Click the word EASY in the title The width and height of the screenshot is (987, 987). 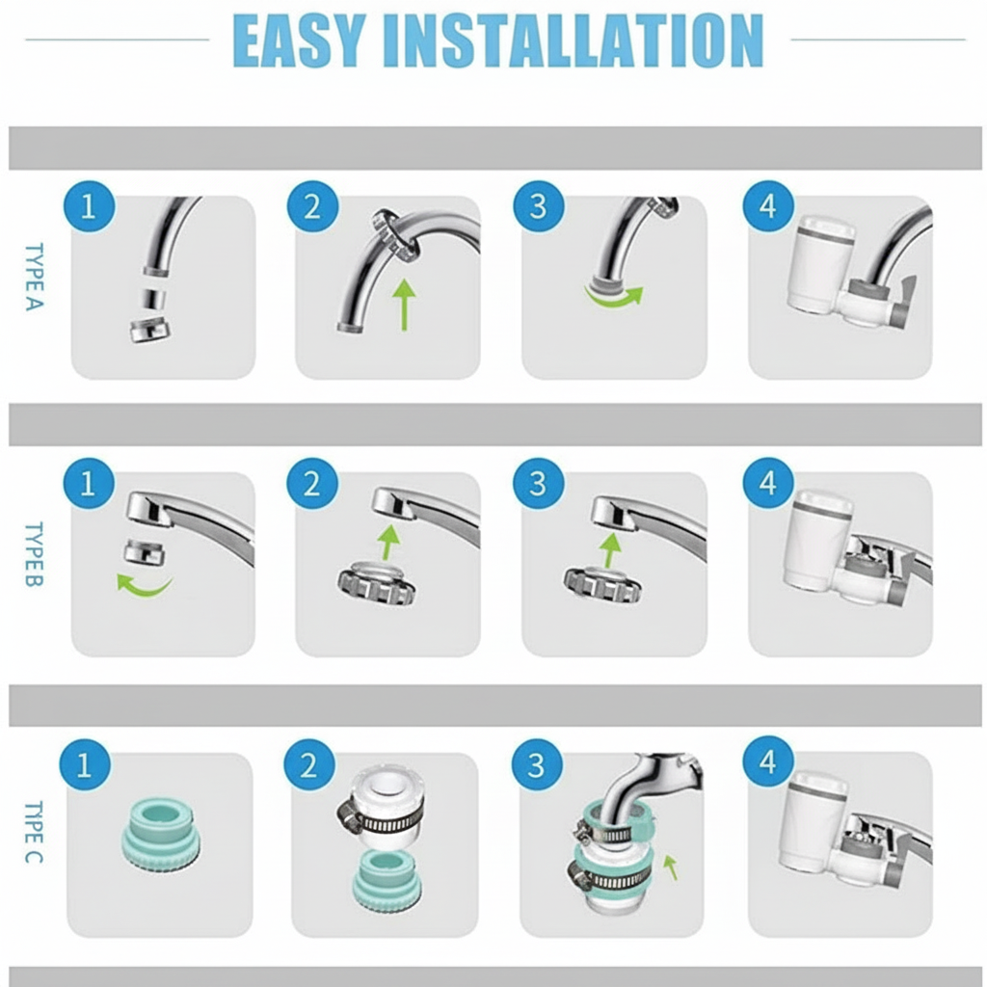pyautogui.click(x=299, y=40)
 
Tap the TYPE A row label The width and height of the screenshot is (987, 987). pyautogui.click(x=33, y=277)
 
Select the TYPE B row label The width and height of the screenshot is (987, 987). pyautogui.click(x=33, y=554)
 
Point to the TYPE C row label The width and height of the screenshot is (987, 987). pyautogui.click(x=33, y=832)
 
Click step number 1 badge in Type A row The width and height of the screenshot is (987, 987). pyautogui.click(x=89, y=206)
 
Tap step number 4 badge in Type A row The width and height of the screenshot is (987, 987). pyautogui.click(x=768, y=206)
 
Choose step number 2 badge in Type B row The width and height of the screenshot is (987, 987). pyautogui.click(x=312, y=483)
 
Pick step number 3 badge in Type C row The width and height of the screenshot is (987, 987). pyautogui.click(x=536, y=765)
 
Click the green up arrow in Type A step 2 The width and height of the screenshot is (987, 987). pyautogui.click(x=405, y=303)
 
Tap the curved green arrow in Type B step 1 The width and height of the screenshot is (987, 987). pyautogui.click(x=144, y=584)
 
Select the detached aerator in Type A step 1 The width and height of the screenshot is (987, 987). pyautogui.click(x=149, y=330)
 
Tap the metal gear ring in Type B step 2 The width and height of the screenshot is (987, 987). pyautogui.click(x=377, y=583)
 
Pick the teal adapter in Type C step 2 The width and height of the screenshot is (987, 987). pyautogui.click(x=387, y=881)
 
